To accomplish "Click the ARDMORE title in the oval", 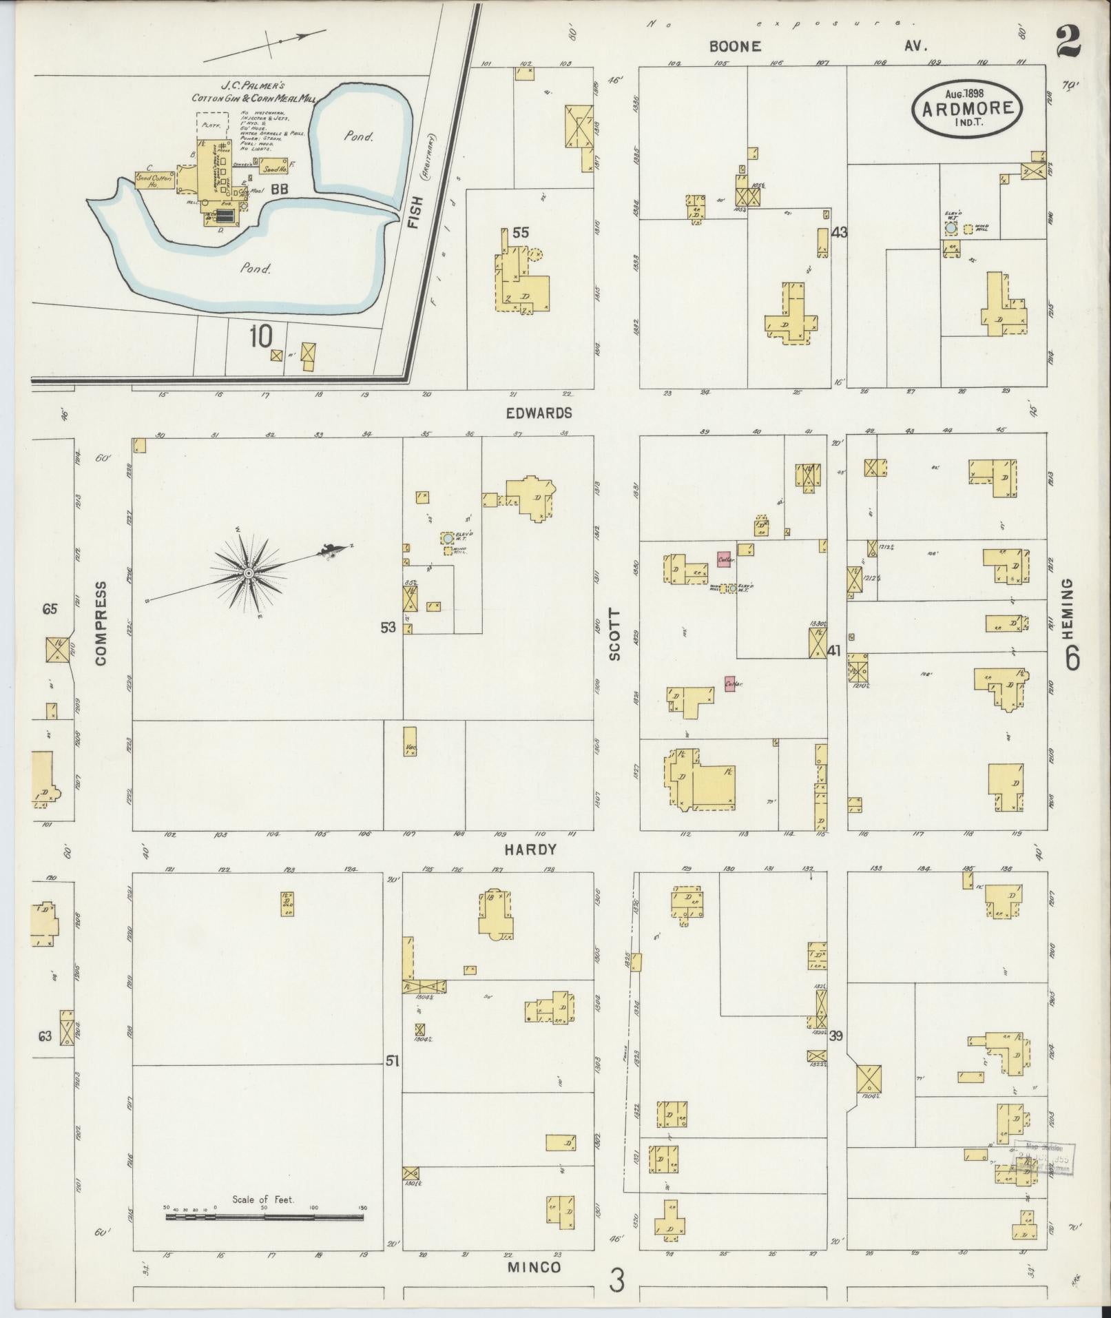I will (967, 108).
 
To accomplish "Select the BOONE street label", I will (736, 46).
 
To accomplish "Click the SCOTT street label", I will (615, 635).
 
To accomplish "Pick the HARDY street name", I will (529, 850).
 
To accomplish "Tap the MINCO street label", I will (534, 1267).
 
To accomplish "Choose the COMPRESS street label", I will (101, 624).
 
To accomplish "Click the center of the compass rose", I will (247, 573).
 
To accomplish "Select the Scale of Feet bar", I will (264, 1217).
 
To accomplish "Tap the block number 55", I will (520, 233).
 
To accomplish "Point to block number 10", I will (262, 337).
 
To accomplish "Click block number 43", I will (838, 233).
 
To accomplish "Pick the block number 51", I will (392, 1080).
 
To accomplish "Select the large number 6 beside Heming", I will (1072, 659).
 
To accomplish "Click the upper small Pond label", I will (360, 136).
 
